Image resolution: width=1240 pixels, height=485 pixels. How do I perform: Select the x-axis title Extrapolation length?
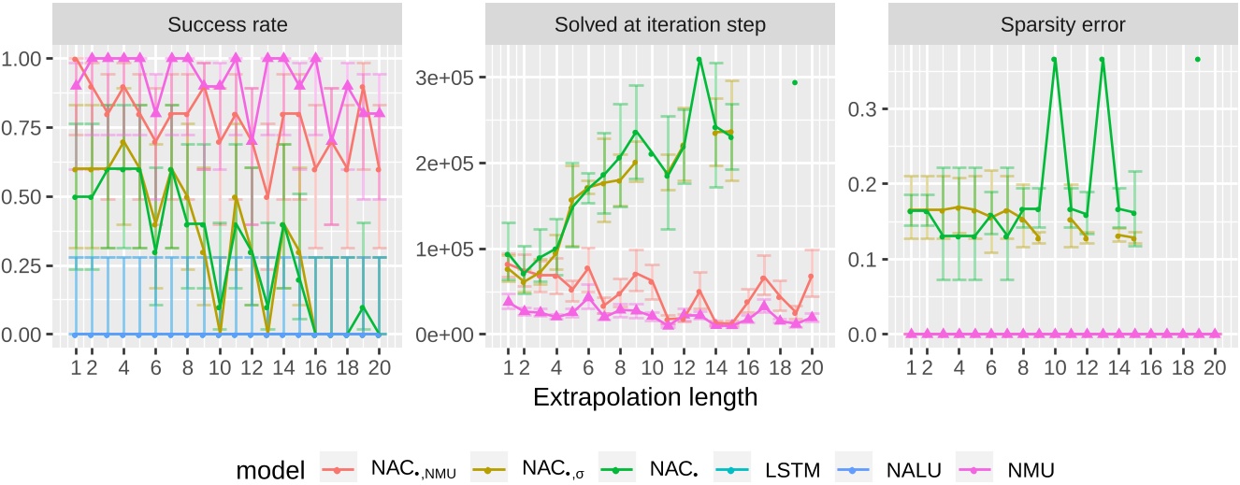645,396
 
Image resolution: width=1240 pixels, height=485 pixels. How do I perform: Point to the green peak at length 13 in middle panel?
699,59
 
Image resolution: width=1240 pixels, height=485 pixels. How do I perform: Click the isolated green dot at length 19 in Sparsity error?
1197,59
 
